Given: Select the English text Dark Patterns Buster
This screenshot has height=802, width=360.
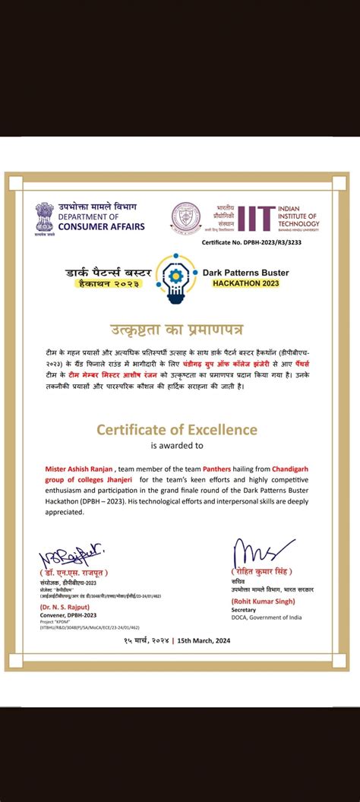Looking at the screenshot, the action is (245, 272).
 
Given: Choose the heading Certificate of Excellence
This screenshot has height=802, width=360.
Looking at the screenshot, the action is (177, 430).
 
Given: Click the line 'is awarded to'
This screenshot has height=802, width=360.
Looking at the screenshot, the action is (177, 446).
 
